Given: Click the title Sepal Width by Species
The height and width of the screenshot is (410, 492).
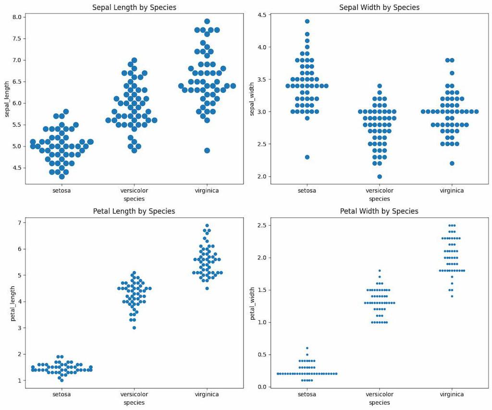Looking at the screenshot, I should (379, 7).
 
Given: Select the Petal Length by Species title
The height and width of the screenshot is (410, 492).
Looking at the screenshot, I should (134, 211).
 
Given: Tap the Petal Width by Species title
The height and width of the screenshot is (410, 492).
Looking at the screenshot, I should (379, 211).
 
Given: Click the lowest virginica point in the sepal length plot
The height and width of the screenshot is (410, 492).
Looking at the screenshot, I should (207, 150).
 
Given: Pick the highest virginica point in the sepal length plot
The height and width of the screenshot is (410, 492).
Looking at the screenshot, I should (207, 21).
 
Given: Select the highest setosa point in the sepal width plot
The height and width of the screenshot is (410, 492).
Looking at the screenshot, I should (307, 21).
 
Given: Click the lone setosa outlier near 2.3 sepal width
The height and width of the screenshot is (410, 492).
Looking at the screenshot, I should (307, 157).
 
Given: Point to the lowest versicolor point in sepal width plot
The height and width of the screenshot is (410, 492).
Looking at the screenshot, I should (380, 176).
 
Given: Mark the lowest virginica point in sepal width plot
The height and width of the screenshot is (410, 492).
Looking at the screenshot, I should (452, 163).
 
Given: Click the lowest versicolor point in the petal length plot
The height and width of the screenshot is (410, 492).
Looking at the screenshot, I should (134, 328).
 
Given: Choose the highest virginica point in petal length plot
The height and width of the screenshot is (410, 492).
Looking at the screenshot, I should (207, 225).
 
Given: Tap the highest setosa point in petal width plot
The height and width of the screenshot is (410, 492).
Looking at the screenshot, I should (307, 348).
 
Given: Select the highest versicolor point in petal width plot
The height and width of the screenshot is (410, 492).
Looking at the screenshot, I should (380, 271).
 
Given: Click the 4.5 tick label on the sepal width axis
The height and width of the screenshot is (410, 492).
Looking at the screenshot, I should (262, 15).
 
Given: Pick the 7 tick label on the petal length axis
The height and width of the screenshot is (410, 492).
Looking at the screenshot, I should (20, 223).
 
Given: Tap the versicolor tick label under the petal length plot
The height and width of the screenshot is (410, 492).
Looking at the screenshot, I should (134, 394).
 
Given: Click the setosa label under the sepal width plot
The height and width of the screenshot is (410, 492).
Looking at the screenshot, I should (307, 190).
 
